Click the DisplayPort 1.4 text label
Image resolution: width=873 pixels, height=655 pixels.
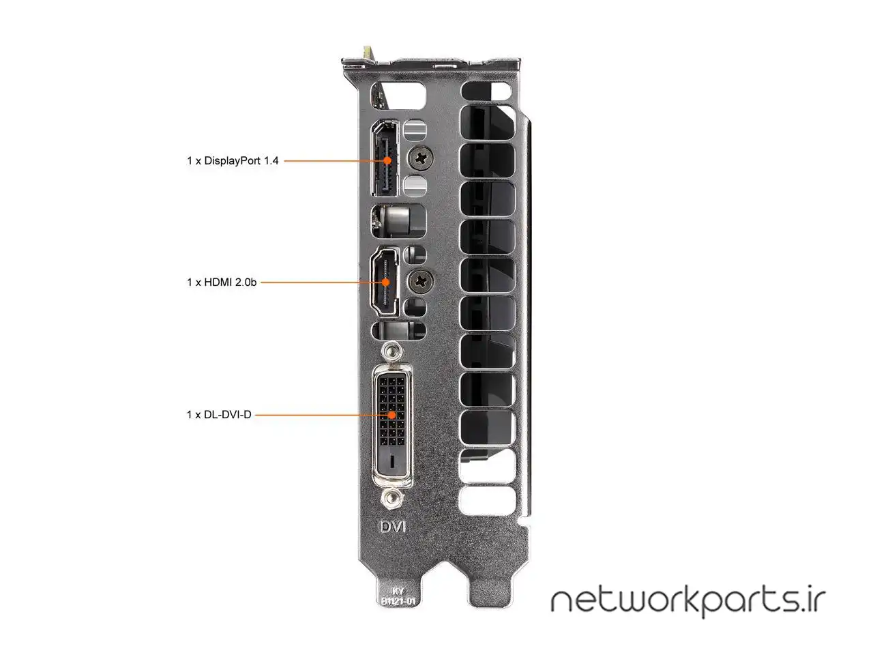pos(233,160)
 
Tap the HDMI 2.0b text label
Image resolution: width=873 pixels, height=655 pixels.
pos(222,282)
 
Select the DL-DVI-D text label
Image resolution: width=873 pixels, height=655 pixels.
pos(219,415)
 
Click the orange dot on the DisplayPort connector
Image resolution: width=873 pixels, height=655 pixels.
pos(387,160)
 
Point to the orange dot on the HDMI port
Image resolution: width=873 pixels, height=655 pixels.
pos(385,282)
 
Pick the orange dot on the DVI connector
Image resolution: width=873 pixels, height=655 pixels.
pos(391,415)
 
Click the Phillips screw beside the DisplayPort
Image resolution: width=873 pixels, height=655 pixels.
pos(420,158)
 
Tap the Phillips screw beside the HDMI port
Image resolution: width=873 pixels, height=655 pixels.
pos(420,282)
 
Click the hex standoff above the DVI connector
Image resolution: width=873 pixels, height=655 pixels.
pos(391,351)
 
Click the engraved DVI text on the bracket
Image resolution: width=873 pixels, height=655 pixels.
pos(393,527)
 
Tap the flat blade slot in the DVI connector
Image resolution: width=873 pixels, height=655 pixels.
pos(393,461)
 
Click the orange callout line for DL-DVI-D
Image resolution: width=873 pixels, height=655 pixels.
pos(323,415)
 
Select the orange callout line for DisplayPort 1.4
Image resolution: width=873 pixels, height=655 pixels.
pos(336,160)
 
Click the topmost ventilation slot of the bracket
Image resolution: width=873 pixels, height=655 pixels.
pos(486,91)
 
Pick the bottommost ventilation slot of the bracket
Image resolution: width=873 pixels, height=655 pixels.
pos(487,499)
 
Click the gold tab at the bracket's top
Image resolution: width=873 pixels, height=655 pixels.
pos(368,53)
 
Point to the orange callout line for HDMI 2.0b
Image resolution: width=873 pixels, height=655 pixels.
pos(323,282)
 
